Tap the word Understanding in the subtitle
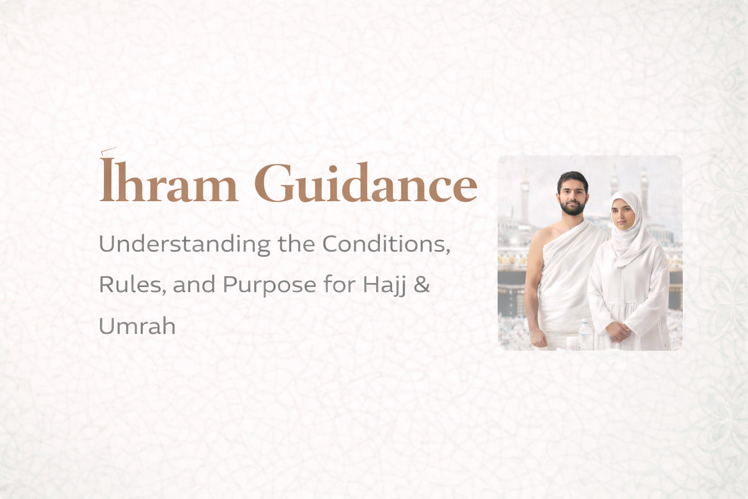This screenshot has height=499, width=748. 184,244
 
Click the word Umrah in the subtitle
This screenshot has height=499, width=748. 137,326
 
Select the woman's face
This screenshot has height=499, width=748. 624,214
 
